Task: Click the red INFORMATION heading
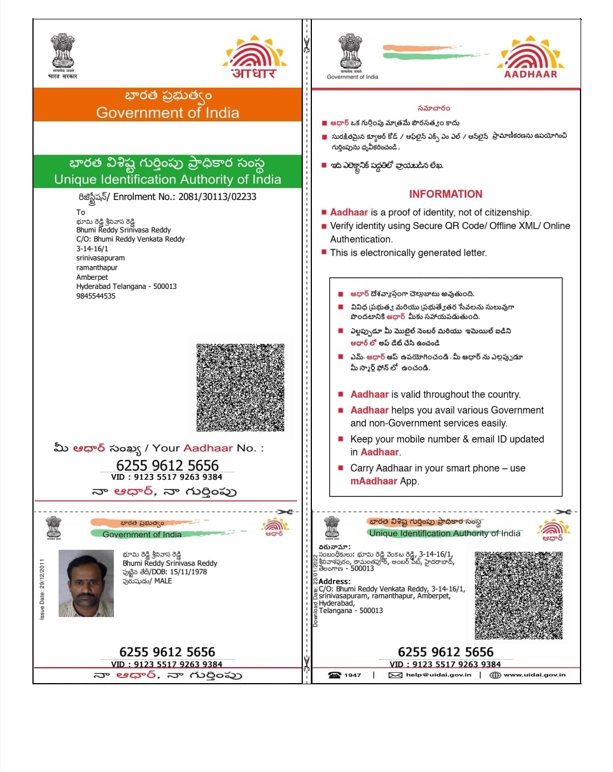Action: click(445, 194)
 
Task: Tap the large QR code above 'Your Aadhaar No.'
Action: click(240, 387)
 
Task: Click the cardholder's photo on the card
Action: click(86, 583)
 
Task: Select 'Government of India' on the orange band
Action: click(167, 113)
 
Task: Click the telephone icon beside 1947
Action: click(334, 675)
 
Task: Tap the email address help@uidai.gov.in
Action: click(438, 675)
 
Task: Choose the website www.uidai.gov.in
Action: click(534, 675)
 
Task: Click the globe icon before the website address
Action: click(495, 675)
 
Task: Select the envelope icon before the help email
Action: click(395, 675)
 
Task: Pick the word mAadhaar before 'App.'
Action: click(373, 481)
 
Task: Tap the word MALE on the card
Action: click(163, 581)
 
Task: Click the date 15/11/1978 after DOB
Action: click(188, 572)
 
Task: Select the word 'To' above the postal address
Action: click(81, 212)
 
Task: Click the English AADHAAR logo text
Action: click(530, 74)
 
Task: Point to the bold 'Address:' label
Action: click(335, 581)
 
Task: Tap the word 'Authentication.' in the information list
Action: click(361, 239)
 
